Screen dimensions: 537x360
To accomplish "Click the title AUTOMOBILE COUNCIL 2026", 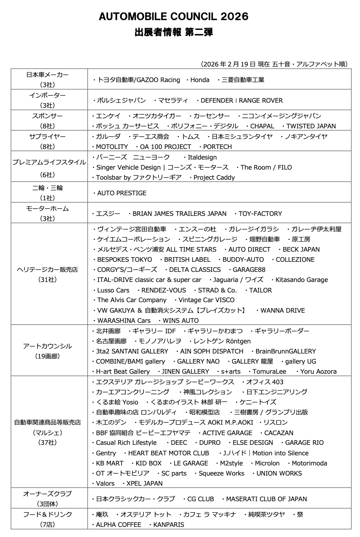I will coord(173,17).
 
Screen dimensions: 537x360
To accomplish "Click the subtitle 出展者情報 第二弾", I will coord(173,32).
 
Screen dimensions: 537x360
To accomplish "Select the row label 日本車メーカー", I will coord(47,74).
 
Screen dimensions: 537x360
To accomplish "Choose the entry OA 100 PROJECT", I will coord(165,147).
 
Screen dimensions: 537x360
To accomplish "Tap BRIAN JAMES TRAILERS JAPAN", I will coord(179,214).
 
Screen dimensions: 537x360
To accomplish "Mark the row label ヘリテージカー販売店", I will coord(47,269).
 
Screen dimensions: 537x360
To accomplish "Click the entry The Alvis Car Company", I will coord(132,300).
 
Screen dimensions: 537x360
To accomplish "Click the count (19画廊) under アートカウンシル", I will coord(47,356).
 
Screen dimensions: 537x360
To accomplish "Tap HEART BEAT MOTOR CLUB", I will coord(168,453).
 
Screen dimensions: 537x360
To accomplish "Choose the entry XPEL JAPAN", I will coord(144,484).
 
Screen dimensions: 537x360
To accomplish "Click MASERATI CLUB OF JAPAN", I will coord(266,499).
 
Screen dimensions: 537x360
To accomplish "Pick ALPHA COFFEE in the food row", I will coord(118,525).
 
